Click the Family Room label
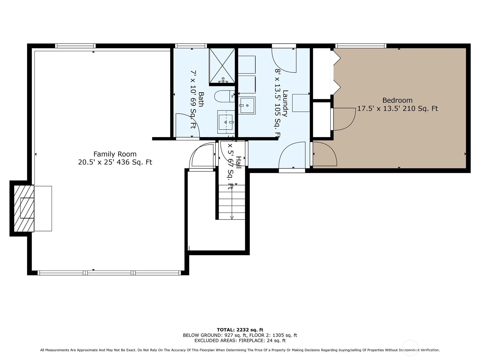click(x=115, y=154)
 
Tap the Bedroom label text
click(x=397, y=100)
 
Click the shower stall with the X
click(x=222, y=65)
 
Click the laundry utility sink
click(x=247, y=105)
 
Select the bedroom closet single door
click(x=344, y=119)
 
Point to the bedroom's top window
click(x=360, y=46)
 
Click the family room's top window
click(x=75, y=46)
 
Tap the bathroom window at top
click(x=191, y=46)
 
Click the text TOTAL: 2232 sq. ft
click(x=240, y=330)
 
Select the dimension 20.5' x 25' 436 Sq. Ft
click(x=115, y=162)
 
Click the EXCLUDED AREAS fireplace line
click(x=240, y=340)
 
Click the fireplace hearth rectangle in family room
click(x=43, y=208)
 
